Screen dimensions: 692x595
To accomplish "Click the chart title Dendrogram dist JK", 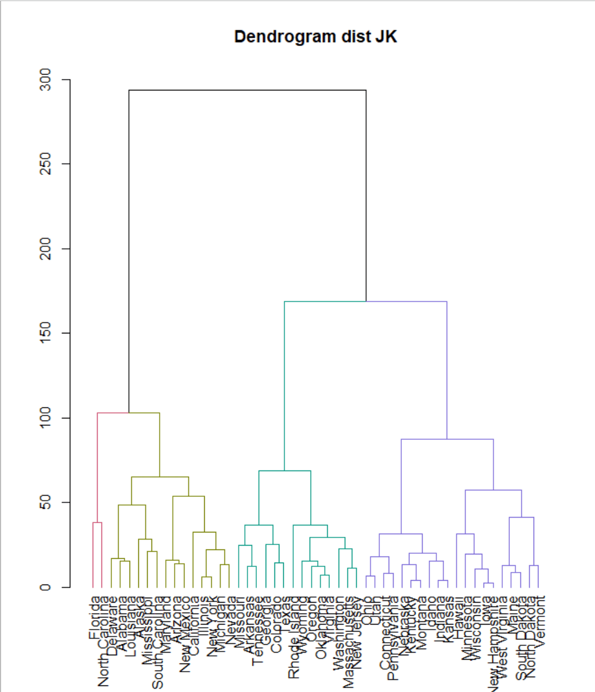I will (x=315, y=37).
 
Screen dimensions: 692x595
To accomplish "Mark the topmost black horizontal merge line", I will (x=247, y=90).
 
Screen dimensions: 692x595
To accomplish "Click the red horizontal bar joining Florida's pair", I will (x=97, y=523).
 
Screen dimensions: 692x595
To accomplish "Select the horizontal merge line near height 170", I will (x=366, y=302).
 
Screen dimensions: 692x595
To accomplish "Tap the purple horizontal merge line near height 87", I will (x=447, y=439).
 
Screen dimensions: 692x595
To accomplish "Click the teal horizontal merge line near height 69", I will (x=285, y=470).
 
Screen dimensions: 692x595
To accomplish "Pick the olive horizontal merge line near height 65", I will (x=160, y=477).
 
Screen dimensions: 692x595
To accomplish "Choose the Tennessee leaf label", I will (x=256, y=631).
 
